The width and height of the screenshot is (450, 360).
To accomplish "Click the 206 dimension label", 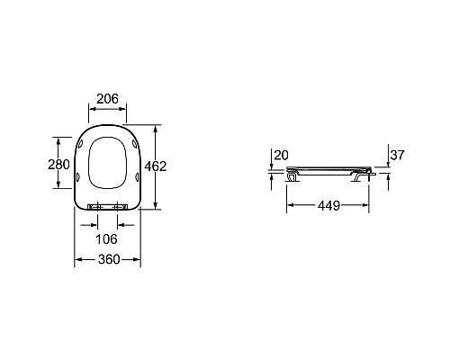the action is click(x=107, y=99).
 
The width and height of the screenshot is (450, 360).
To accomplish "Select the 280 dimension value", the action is click(x=58, y=165).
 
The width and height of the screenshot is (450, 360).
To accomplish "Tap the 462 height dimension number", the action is click(x=156, y=166).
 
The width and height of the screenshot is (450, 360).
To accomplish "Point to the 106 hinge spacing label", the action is click(x=106, y=239).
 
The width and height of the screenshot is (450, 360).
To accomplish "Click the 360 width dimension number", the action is click(x=109, y=259).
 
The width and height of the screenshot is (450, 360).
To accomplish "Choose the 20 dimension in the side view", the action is click(x=281, y=155).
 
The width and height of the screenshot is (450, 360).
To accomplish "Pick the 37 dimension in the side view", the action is click(x=397, y=155).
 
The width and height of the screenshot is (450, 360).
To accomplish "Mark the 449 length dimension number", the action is click(x=328, y=206).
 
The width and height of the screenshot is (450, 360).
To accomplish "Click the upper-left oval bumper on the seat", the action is click(x=81, y=144).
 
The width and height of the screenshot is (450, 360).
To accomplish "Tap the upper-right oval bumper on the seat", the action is click(x=135, y=144).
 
